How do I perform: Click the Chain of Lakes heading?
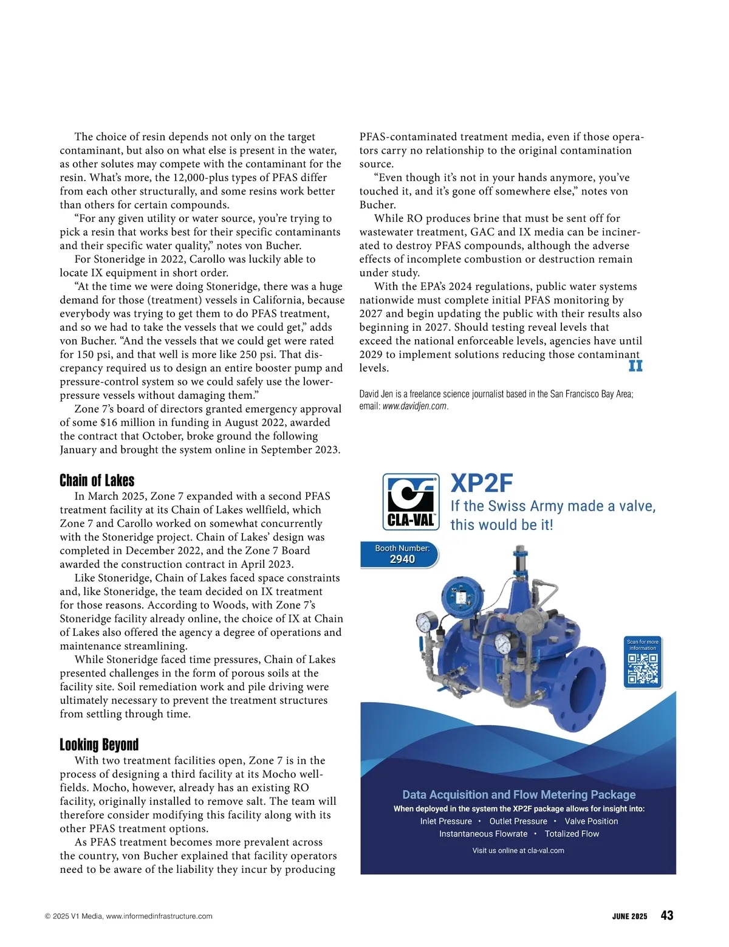pyautogui.click(x=97, y=481)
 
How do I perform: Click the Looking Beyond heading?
pyautogui.click(x=99, y=745)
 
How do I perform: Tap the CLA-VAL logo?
pyautogui.click(x=411, y=501)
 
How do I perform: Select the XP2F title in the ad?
pyautogui.click(x=482, y=484)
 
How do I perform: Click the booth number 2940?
pyautogui.click(x=402, y=559)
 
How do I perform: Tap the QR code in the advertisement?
pyautogui.click(x=643, y=669)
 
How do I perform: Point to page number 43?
pyautogui.click(x=666, y=915)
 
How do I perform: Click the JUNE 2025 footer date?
pyautogui.click(x=629, y=917)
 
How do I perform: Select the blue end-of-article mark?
pyautogui.click(x=635, y=366)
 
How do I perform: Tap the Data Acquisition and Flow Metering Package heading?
pyautogui.click(x=519, y=794)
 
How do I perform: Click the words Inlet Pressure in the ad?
pyautogui.click(x=446, y=821)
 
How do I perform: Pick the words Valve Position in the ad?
pyautogui.click(x=591, y=821)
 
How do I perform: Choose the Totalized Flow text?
pyautogui.click(x=572, y=834)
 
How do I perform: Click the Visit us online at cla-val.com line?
pyautogui.click(x=518, y=850)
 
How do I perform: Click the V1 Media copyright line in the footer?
pyautogui.click(x=129, y=917)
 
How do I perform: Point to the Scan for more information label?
pyautogui.click(x=643, y=645)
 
